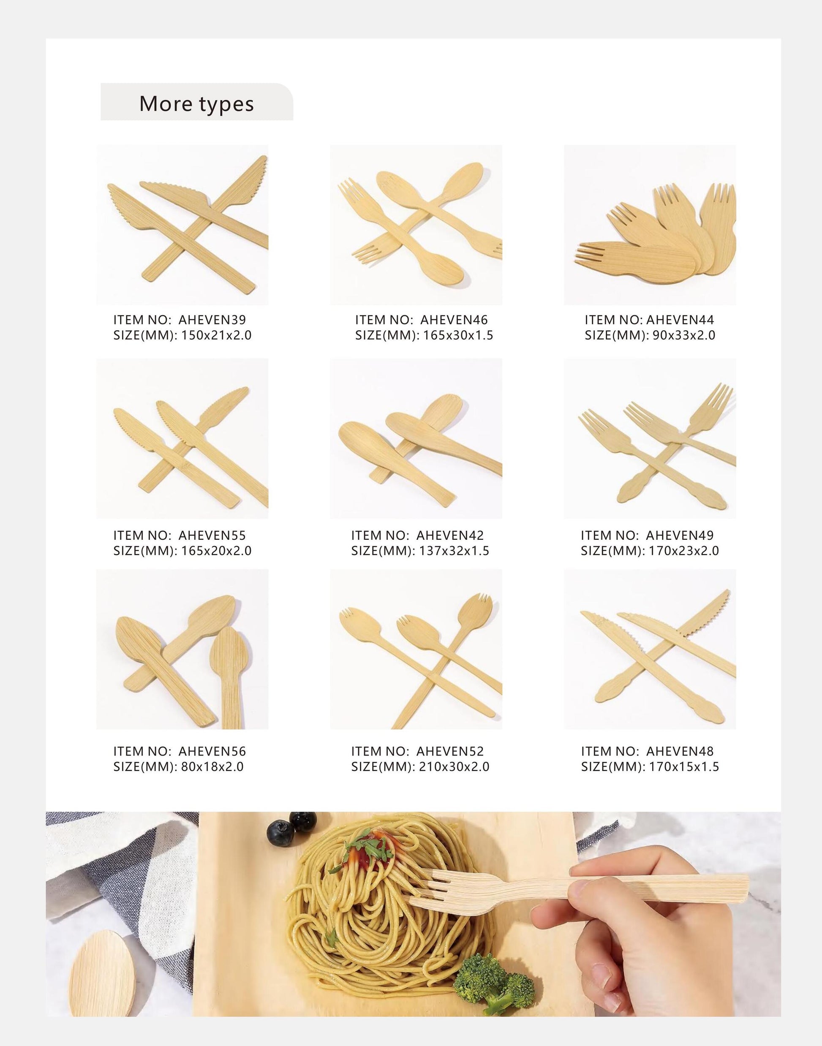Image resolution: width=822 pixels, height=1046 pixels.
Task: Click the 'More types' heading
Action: (196, 103)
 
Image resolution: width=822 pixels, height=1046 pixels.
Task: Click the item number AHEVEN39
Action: (212, 320)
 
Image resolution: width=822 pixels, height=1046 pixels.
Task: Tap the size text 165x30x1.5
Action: (458, 335)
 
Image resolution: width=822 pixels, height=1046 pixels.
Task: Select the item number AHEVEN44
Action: (680, 320)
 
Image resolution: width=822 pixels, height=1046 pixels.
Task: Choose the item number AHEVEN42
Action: (450, 535)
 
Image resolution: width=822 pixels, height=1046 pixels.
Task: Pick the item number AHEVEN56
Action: (212, 751)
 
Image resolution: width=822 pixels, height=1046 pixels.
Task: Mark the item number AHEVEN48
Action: (680, 751)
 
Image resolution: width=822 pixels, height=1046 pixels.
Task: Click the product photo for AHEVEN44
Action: (650, 225)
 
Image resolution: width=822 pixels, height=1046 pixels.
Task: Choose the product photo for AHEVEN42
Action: (416, 438)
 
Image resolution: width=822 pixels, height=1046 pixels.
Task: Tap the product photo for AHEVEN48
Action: (650, 649)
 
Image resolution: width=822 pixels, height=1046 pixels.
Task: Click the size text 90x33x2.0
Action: (683, 335)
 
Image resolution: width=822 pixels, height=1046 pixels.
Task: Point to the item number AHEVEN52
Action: (450, 751)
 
